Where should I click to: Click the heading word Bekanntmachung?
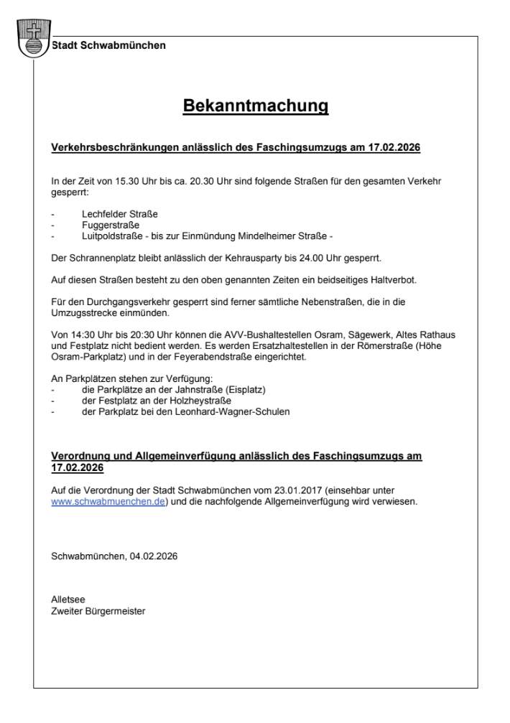[x=255, y=106]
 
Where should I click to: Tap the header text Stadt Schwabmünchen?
[x=108, y=45]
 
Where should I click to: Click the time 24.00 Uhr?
[x=343, y=256]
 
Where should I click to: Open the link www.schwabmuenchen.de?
[x=108, y=502]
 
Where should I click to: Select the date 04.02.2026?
[x=154, y=555]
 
